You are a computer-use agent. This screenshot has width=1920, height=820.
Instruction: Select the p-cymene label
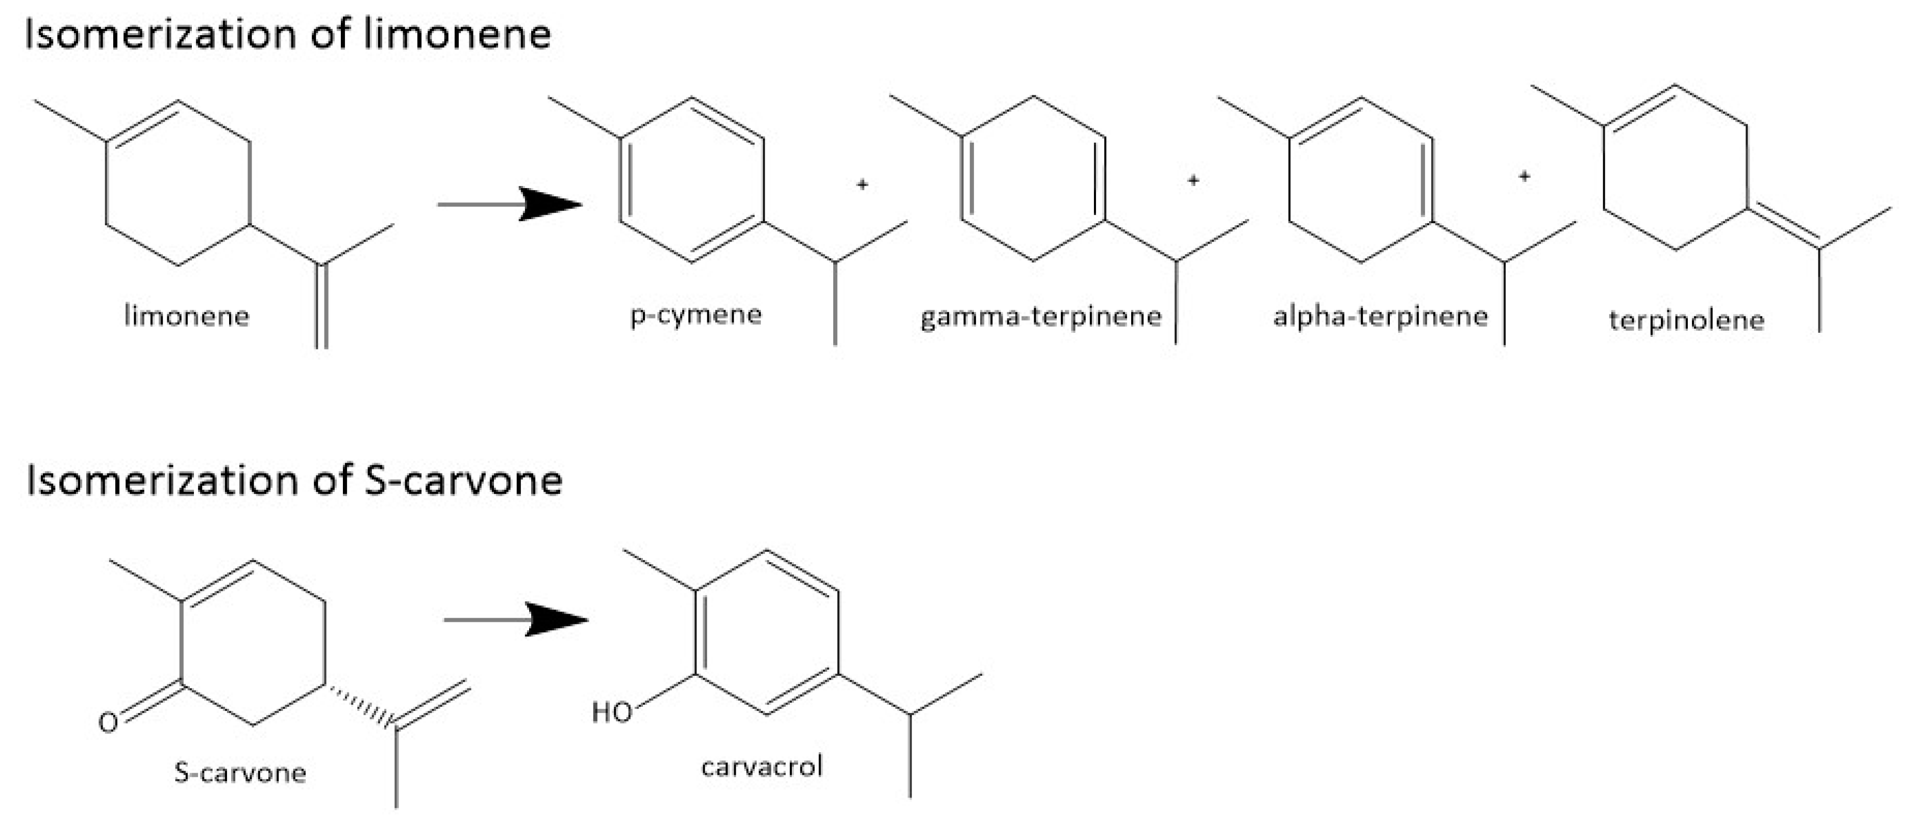click(x=696, y=314)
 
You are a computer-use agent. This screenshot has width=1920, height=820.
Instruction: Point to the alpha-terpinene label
click(x=1380, y=316)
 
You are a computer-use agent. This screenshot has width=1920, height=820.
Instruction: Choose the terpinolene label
click(x=1686, y=320)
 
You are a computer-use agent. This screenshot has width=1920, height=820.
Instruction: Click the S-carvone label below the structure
click(x=240, y=772)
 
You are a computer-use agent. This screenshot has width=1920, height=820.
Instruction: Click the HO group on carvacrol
click(x=611, y=712)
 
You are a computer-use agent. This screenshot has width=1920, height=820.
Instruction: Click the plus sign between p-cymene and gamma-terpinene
click(x=862, y=184)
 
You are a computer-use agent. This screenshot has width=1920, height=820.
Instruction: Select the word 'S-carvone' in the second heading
click(x=463, y=481)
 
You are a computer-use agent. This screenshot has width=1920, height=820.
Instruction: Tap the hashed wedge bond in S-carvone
click(x=361, y=704)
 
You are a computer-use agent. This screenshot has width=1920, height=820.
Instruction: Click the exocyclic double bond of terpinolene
click(x=1783, y=226)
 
